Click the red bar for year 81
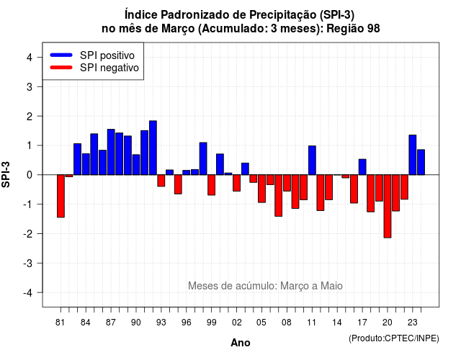pos(61,196)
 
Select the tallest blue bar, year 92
pos(153,148)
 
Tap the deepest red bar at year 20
pos(388,207)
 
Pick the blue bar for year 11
pos(312,160)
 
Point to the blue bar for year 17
pos(362,167)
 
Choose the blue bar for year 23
pos(413,155)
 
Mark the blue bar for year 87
pos(111,152)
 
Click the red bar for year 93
pos(161,181)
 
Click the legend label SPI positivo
pos(107,55)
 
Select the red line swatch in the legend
pos(61,68)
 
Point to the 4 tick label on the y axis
pos(30,58)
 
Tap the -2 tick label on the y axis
pos(28,234)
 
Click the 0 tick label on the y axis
pos(30,175)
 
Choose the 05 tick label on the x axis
pos(261,323)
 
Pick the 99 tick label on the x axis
pos(211,323)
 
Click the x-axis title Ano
pos(241,343)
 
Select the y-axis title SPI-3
pos(6,174)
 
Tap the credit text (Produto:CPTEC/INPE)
pos(394,338)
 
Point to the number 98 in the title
pos(373,29)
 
